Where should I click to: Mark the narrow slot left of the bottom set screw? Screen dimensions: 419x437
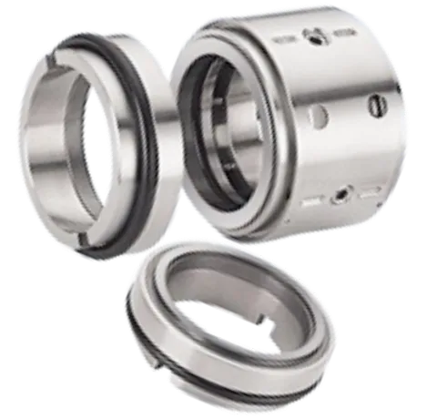point(314,197)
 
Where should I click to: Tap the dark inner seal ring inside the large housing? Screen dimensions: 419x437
point(202,137)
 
